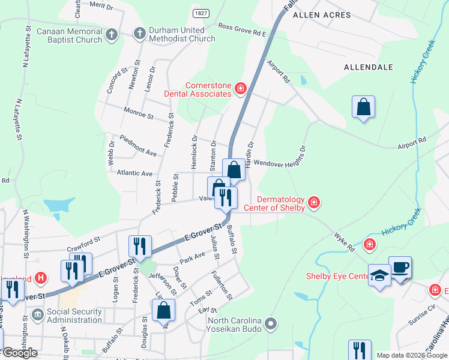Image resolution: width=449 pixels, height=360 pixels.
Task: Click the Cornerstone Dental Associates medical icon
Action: [241, 89]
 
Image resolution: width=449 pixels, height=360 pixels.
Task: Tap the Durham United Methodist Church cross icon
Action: [139, 34]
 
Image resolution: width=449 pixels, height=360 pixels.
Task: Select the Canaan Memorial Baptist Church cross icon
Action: [111, 35]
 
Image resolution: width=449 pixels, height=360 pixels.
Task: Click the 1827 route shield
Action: [201, 12]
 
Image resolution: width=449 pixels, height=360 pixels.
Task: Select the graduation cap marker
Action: [379, 275]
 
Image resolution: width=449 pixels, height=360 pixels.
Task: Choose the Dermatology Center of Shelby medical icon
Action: [313, 203]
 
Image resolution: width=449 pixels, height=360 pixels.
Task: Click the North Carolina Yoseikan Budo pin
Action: [271, 324]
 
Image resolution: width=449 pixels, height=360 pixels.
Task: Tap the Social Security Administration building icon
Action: [37, 314]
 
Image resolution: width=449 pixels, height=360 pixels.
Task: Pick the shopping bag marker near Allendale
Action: [363, 107]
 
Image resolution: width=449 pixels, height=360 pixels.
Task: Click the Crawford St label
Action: [83, 244]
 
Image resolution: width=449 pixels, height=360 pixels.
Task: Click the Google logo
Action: [20, 353]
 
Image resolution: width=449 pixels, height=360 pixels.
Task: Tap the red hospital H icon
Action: [41, 278]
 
